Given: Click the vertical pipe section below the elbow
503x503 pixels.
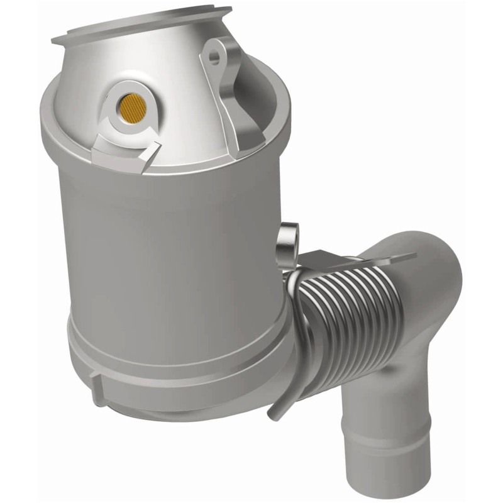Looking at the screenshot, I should (396, 377).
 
